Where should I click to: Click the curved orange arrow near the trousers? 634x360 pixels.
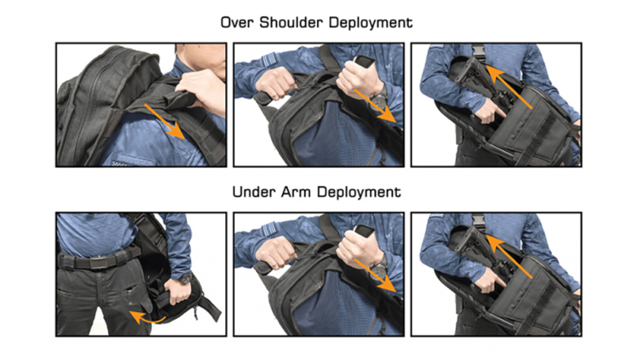(147, 316)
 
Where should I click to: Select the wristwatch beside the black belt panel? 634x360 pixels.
(185, 278)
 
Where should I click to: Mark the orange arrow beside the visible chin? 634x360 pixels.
(165, 122)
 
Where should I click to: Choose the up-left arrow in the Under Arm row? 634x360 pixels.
(509, 256)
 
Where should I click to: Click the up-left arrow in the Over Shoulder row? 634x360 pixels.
(509, 87)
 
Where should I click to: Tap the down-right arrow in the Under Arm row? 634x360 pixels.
(375, 275)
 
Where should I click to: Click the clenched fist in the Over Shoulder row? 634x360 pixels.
(276, 83)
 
